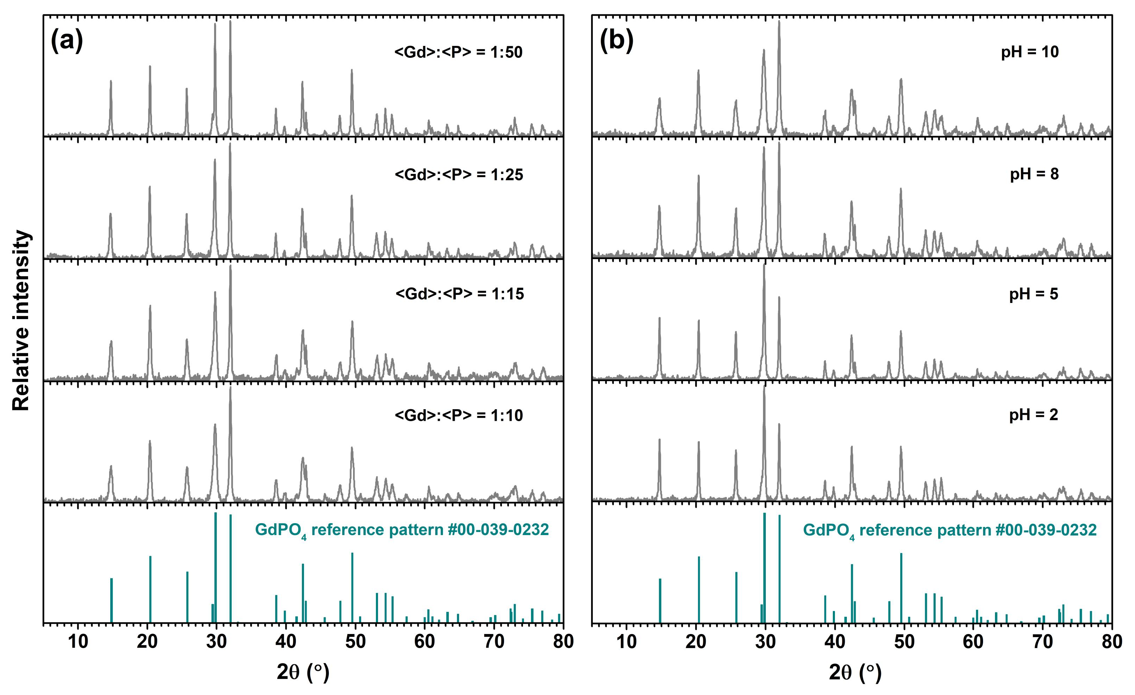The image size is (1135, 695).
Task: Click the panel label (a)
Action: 67,41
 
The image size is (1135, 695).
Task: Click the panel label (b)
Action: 616,41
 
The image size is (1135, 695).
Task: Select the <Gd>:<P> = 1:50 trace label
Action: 458,53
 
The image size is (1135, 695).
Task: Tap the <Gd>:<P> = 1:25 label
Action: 459,175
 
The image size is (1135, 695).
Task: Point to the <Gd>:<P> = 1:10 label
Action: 459,416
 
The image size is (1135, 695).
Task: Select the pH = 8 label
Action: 1035,174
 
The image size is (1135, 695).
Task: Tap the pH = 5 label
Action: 1034,294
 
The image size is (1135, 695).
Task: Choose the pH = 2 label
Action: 1034,415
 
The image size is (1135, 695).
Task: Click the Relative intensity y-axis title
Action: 21,320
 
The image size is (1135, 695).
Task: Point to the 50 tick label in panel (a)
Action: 355,641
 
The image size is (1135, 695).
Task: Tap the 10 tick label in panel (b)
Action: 626,641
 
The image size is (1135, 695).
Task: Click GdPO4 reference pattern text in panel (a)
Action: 401,530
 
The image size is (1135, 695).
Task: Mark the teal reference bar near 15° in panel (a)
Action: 112,600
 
